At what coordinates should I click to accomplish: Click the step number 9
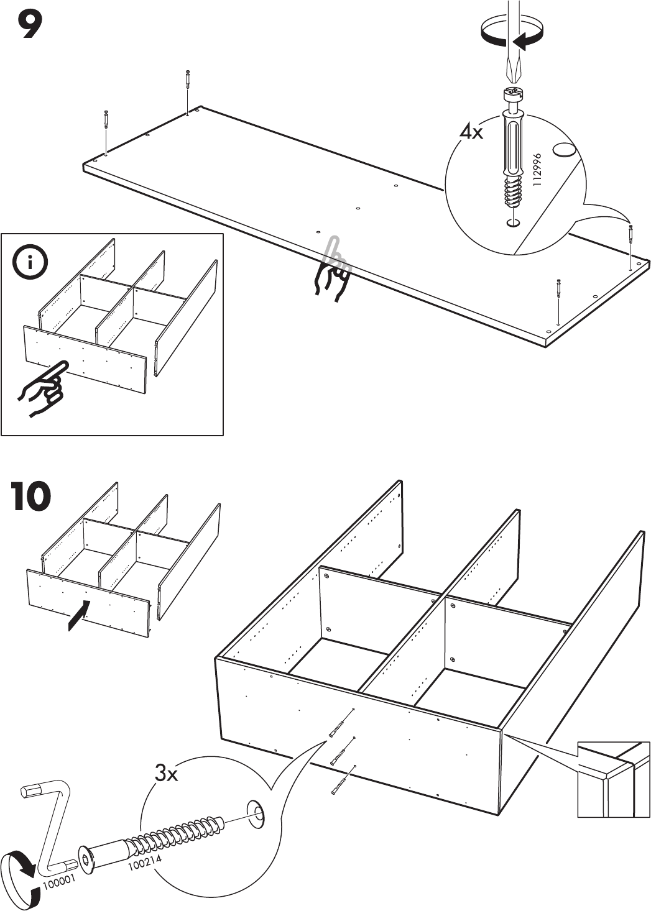(x=29, y=25)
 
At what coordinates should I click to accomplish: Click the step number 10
(x=31, y=497)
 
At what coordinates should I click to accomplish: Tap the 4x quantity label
(x=471, y=132)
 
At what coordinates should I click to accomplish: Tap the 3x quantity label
(x=167, y=774)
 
